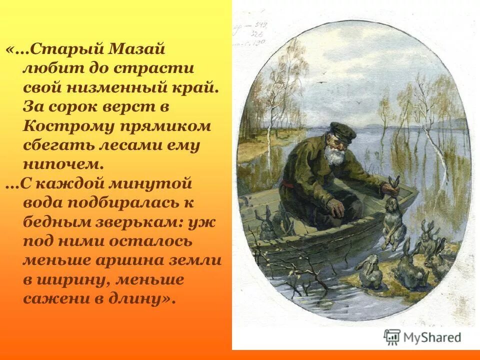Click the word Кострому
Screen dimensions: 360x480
[63, 126]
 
